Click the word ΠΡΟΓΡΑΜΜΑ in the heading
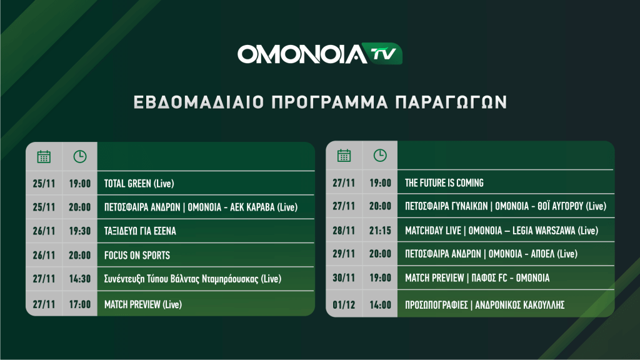point(330,102)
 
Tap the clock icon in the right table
point(380,156)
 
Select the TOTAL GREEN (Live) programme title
point(139,184)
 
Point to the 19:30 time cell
point(79,231)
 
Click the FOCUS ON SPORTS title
point(137,256)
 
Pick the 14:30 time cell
point(79,279)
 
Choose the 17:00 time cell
point(79,304)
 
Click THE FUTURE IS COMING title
point(444,183)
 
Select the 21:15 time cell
point(380,231)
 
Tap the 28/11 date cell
point(344,231)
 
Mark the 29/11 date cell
point(344,254)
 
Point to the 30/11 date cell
point(344,278)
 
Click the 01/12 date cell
point(344,305)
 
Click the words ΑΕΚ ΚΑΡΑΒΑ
point(252,207)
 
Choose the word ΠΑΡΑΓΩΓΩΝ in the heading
point(451,102)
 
